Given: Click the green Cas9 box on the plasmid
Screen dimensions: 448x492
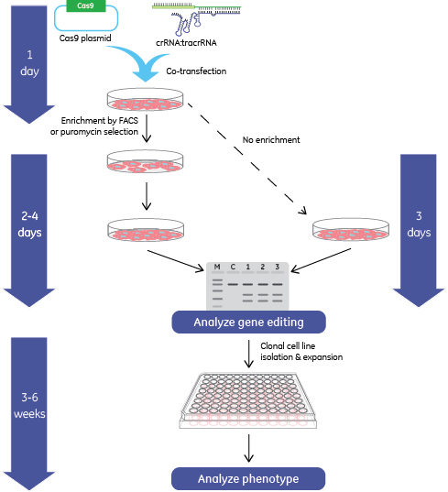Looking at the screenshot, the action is tap(86, 5).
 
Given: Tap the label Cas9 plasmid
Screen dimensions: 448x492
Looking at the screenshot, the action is tap(85, 38).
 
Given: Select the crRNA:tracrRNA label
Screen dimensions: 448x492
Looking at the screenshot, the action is tap(186, 43).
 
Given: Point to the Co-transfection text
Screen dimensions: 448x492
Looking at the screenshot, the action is tap(196, 71).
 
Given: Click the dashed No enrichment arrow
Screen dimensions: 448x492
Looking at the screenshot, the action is tap(246, 159).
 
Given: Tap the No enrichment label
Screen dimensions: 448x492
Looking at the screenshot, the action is tap(271, 139).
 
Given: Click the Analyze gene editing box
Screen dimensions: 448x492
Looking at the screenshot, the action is tap(249, 322).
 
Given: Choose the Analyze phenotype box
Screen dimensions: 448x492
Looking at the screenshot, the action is tap(248, 479).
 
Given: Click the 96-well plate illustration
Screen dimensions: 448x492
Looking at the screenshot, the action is tap(248, 400).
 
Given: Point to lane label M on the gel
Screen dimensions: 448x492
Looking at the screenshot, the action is tap(217, 267).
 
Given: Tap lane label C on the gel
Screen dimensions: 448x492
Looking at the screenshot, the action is tap(233, 267).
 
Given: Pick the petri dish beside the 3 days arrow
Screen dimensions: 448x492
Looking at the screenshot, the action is tap(351, 230).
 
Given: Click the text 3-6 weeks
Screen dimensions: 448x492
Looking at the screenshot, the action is tap(29, 405).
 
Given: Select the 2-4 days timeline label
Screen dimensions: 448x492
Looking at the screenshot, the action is tap(29, 224).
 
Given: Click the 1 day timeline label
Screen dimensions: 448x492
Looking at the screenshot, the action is tap(29, 63).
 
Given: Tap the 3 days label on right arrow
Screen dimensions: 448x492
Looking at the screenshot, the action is tap(419, 224).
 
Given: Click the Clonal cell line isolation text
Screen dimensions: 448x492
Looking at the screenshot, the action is tap(288, 345).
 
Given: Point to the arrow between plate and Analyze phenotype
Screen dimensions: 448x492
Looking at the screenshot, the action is tap(249, 448).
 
